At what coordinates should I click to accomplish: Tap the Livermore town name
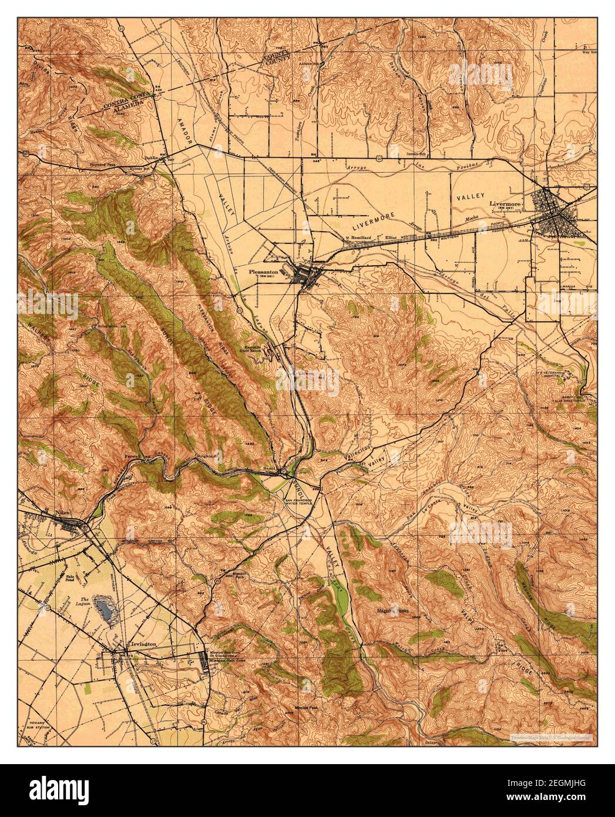(505, 204)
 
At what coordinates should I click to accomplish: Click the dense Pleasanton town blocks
(306, 276)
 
